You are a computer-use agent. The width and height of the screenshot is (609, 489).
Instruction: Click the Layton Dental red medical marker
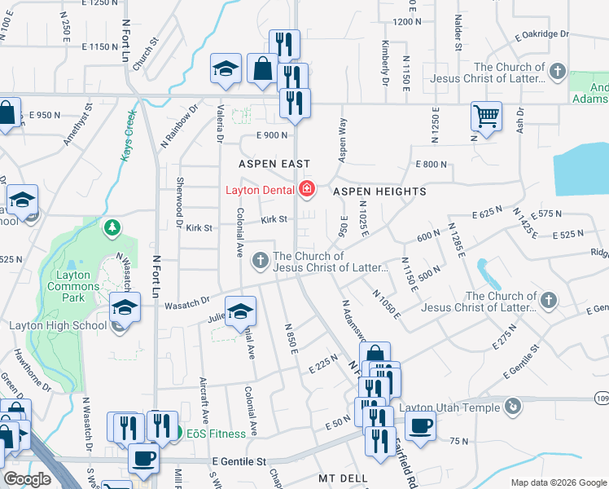307,191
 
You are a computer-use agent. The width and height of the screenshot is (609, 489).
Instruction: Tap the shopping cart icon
486,116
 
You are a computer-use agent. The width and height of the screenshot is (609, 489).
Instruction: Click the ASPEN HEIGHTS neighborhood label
380,192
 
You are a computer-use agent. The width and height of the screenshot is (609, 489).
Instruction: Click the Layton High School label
58,325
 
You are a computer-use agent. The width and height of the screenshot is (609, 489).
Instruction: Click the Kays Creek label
127,135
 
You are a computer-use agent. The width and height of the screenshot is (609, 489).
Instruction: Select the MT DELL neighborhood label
344,477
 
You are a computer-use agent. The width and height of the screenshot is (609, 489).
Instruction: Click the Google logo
28,479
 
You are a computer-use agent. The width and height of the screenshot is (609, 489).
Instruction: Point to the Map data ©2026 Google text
559,482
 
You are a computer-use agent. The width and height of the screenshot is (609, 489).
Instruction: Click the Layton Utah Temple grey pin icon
512,406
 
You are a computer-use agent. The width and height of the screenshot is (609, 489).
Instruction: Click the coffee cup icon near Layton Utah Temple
420,425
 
